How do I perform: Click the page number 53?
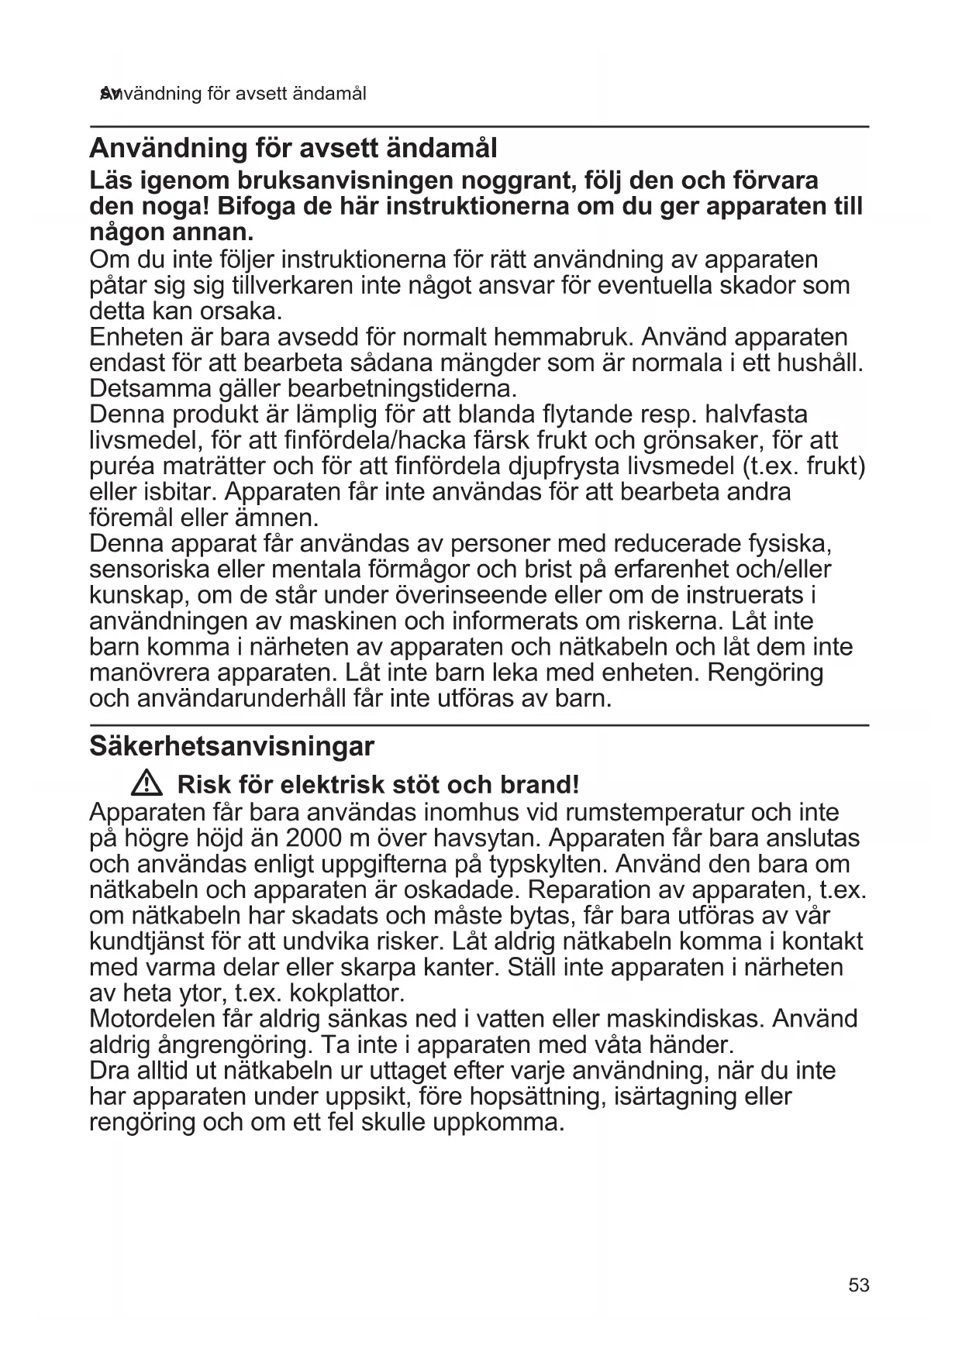point(859,1285)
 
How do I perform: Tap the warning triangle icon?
point(146,785)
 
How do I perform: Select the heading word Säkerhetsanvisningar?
point(232,747)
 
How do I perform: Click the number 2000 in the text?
point(317,838)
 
